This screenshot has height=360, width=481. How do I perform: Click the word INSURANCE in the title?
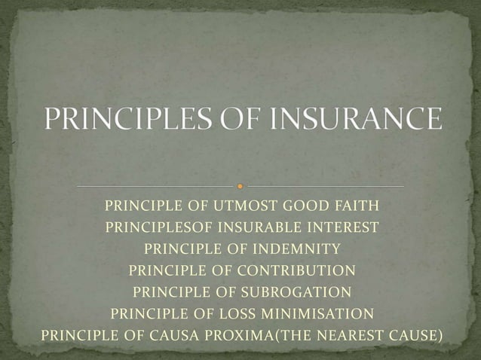click(x=353, y=120)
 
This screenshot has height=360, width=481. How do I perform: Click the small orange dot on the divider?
click(x=240, y=185)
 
